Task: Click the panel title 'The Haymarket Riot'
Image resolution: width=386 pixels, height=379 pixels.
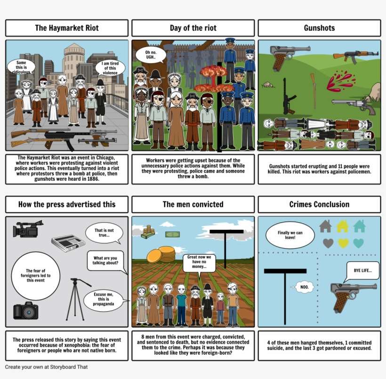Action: click(67, 28)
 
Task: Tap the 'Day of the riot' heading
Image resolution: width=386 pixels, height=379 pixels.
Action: click(193, 28)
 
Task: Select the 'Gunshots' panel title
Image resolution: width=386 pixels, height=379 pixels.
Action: click(319, 28)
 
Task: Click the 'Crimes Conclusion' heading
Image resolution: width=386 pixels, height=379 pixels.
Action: click(319, 204)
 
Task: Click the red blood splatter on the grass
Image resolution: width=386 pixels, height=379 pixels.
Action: click(340, 80)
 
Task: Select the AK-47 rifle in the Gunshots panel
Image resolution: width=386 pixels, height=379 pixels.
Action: click(355, 56)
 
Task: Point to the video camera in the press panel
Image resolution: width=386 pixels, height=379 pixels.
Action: click(28, 229)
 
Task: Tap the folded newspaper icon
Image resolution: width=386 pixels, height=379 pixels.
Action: click(67, 242)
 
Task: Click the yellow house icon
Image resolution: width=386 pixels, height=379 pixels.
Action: click(342, 226)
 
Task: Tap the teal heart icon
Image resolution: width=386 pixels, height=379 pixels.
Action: click(358, 243)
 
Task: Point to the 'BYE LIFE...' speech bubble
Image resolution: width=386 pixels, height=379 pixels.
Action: click(362, 271)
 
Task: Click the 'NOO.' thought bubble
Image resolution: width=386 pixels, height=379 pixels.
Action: click(305, 287)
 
